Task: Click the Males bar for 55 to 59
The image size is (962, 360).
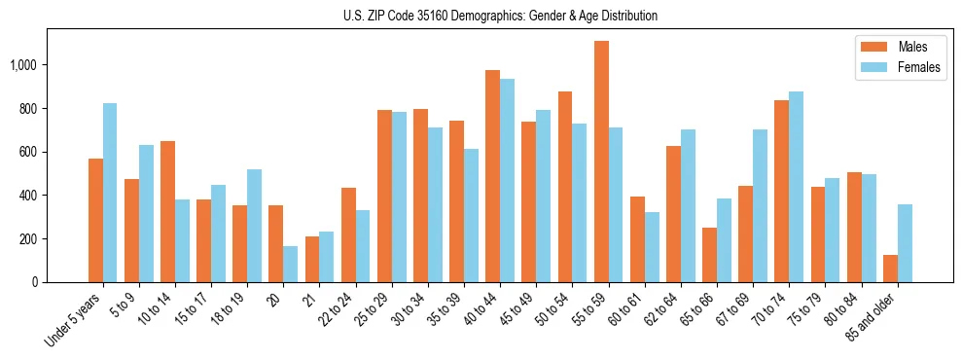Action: click(601, 162)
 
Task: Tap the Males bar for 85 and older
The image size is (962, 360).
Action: click(890, 269)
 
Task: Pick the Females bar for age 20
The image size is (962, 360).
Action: click(291, 264)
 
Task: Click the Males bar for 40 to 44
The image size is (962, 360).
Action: click(492, 176)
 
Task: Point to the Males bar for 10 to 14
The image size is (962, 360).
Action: click(167, 211)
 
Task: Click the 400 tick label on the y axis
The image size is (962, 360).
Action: click(28, 196)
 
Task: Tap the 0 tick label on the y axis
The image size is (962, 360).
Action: click(35, 282)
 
